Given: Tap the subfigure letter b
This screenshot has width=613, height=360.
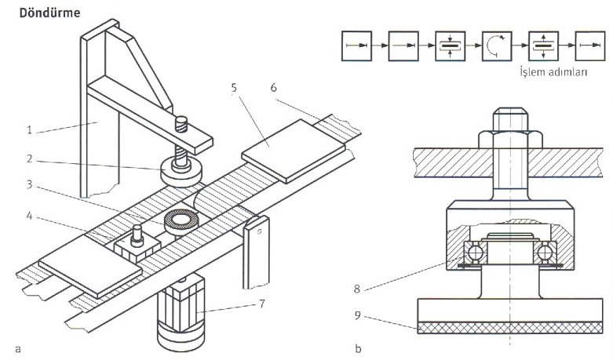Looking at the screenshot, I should (359, 345).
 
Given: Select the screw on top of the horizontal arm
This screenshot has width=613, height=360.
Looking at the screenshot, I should (182, 123).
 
